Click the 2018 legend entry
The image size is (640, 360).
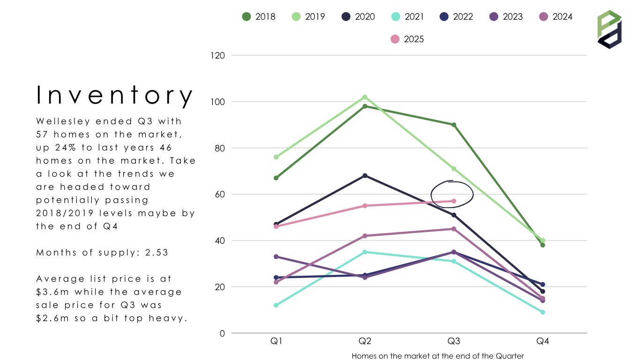point(259,17)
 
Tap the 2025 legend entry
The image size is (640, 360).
point(407,39)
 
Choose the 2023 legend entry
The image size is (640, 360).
point(506,17)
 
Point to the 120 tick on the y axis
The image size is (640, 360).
point(218,55)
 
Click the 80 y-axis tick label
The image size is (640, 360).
point(220,148)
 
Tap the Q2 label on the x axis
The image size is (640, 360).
point(365,342)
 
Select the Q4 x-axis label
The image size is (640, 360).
point(543,342)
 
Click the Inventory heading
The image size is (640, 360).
point(115,95)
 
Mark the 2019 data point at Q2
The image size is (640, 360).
point(365,97)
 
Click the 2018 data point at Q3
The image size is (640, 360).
point(454,125)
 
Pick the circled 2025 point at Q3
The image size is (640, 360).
point(454,201)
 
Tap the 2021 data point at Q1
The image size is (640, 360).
point(276,305)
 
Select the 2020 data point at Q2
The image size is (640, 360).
point(365,176)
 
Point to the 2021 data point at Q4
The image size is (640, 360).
point(543,312)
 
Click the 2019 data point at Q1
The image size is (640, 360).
point(276,157)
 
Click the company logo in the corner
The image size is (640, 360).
point(609,29)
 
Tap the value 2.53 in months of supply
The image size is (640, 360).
point(156,253)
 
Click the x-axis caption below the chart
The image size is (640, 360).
point(438,356)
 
